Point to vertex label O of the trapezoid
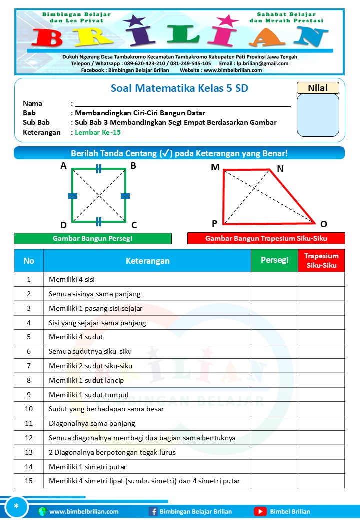point(324,224)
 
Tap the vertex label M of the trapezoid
point(215,167)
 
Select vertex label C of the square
point(134,225)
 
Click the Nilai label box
point(318,88)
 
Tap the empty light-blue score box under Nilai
point(318,115)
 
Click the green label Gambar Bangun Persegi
point(93,239)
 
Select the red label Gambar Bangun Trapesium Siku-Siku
point(266,239)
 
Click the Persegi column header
point(274,260)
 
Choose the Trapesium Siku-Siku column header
point(321,260)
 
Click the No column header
point(29,260)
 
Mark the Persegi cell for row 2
point(274,294)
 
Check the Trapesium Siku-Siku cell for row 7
point(321,366)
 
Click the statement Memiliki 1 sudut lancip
point(86,380)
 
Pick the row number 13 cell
point(29,452)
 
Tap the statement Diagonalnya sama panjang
point(92,423)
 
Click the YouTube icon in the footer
point(260,511)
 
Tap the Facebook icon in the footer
point(153,511)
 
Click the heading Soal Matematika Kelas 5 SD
point(179,88)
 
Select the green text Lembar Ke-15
point(98,132)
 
